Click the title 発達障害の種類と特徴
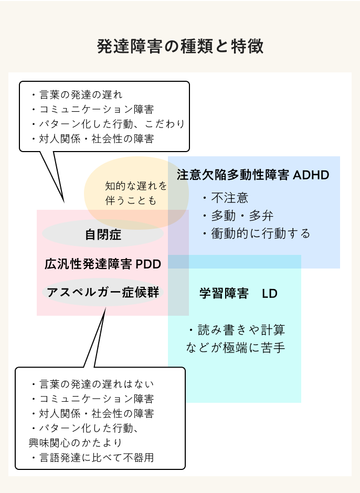[x=180, y=46]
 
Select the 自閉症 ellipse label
[x=103, y=234]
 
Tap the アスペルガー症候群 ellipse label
[x=103, y=292]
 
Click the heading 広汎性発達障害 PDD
[x=102, y=263]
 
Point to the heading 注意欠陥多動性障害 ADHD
[x=253, y=175]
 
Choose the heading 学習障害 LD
[x=238, y=293]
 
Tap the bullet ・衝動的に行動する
[x=256, y=233]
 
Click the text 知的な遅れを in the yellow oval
[x=136, y=186]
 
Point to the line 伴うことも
[x=131, y=200]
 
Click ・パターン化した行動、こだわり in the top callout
[x=107, y=124]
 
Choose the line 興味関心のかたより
[x=75, y=443]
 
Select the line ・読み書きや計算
[x=236, y=330]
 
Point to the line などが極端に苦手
[x=236, y=347]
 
